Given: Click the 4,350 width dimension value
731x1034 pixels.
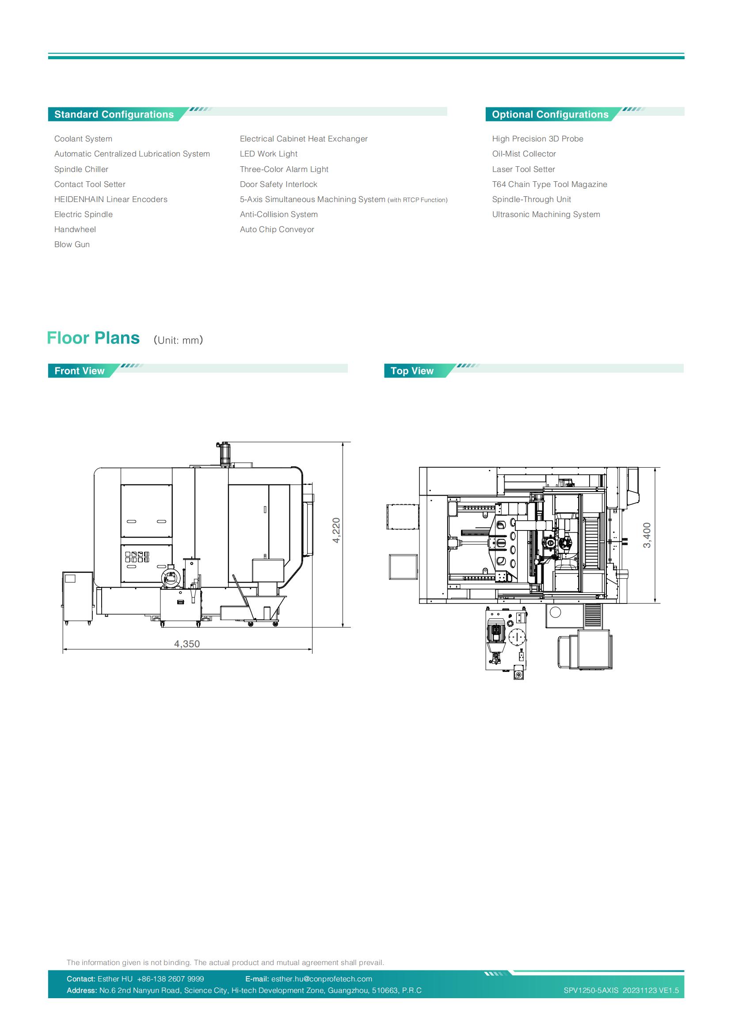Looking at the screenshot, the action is [x=187, y=644].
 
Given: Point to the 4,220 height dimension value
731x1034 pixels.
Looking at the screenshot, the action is [x=336, y=530].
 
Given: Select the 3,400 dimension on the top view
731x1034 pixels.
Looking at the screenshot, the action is [x=647, y=535].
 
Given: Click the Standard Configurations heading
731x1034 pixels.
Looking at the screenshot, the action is [x=114, y=114].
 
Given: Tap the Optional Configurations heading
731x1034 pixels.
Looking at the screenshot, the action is [x=550, y=114].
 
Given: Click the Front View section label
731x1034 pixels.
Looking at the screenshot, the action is [x=79, y=370].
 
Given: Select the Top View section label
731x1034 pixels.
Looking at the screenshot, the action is [x=412, y=370].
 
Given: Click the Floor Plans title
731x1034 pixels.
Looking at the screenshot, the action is [x=93, y=338].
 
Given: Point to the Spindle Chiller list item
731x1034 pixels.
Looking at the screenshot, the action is [x=81, y=169].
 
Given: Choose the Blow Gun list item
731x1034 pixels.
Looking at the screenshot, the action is [x=72, y=244].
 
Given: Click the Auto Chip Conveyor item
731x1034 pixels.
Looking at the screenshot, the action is [x=277, y=230].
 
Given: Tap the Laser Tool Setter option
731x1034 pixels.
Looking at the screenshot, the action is [x=523, y=169].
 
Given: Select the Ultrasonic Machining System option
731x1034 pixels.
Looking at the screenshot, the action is [x=546, y=214].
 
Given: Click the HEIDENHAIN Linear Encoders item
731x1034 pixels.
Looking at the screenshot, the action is [x=111, y=199].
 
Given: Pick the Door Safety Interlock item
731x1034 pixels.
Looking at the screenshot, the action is [x=278, y=184].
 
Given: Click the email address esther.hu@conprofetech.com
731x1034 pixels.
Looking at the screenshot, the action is [x=321, y=979].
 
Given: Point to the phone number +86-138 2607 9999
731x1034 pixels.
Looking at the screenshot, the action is [x=170, y=979].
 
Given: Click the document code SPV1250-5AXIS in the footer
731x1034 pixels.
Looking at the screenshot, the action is [x=591, y=990].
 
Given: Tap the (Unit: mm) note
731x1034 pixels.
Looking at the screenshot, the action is [x=178, y=340].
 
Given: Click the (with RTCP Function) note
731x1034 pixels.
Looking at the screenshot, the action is [x=418, y=200].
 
